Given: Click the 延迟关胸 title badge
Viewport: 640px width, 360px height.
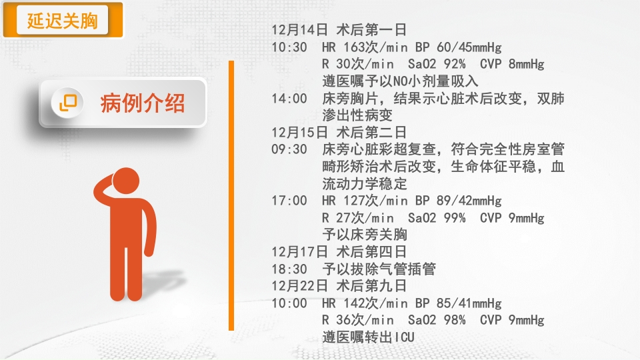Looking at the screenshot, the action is tap(63, 20).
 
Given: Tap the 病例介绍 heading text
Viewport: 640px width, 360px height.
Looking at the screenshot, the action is tap(143, 103).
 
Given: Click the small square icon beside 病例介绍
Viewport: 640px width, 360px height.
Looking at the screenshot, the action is tap(68, 103).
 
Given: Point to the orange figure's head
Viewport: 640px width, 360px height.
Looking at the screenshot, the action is tap(126, 181).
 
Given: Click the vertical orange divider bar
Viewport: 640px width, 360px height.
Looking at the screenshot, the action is tap(231, 195).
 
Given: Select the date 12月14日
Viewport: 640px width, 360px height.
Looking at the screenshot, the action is tap(299, 30).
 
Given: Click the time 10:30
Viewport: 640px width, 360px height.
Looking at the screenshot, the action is tap(289, 47).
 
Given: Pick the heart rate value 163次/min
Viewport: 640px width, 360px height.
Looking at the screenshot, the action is tap(375, 47).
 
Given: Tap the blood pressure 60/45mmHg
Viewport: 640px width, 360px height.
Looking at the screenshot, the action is tap(469, 47).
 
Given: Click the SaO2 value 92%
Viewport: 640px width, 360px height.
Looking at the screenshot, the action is tap(454, 64).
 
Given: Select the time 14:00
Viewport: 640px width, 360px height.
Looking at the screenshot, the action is tap(289, 99).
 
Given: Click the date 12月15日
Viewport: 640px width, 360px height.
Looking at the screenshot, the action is tap(299, 132).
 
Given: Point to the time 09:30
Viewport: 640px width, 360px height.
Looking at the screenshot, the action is tap(289, 149).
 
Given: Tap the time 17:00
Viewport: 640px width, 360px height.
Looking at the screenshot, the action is tap(289, 201).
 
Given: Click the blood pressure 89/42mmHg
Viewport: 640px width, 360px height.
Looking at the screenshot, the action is tap(469, 201).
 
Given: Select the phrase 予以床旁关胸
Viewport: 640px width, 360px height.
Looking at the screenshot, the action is tap(365, 235).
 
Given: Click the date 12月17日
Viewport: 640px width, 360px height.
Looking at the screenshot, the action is tap(299, 252).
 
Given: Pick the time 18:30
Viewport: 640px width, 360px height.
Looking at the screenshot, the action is tap(289, 269).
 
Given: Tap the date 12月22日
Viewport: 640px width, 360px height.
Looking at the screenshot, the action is tap(299, 286).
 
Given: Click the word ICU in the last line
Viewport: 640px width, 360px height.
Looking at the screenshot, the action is tap(404, 337).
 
